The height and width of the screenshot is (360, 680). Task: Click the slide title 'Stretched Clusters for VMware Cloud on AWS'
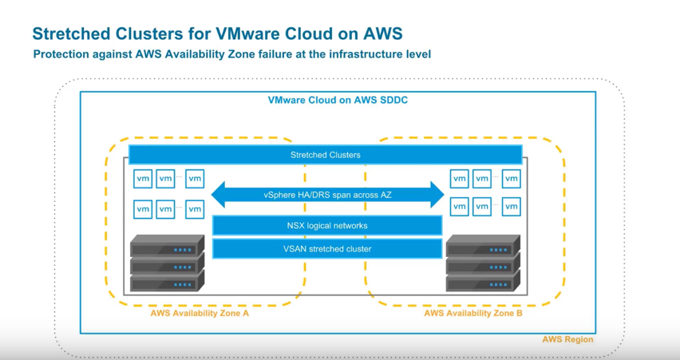point(217,34)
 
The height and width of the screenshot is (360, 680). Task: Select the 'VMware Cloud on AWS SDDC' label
point(338,101)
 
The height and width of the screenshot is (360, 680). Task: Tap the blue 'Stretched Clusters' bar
point(325,155)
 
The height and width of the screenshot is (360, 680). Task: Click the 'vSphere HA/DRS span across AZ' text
point(327,195)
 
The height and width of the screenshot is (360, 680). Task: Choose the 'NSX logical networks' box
point(327,226)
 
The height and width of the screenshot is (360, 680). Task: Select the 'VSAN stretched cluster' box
point(327,249)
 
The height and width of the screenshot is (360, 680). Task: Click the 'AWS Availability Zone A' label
point(200,314)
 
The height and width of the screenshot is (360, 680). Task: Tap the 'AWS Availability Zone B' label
point(473,314)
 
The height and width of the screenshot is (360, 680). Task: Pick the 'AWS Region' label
point(567,339)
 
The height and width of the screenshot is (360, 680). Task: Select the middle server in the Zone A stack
point(167,263)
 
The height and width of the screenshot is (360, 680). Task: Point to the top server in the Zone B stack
point(483,247)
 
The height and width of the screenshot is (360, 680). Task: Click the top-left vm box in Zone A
point(143,179)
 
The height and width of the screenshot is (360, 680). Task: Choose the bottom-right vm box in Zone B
point(511,207)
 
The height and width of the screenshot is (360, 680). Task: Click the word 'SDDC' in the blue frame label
point(393,101)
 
